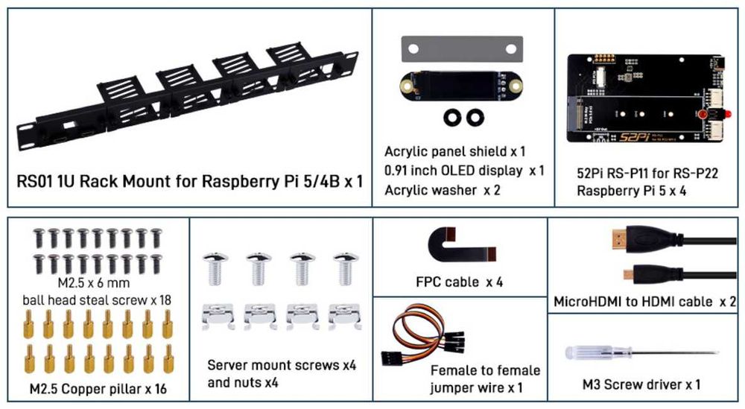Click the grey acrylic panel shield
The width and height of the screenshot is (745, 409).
pos(461,49)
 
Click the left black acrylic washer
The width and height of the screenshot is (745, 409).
pos(451,117)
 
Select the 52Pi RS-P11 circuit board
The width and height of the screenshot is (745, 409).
pos(644,98)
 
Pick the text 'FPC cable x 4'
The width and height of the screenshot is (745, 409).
pos(459,283)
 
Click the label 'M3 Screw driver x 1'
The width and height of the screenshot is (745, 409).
pos(641,384)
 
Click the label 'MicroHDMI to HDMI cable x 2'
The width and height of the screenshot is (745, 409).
pos(645,302)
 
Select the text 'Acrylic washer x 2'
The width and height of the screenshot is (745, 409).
pos(443,190)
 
